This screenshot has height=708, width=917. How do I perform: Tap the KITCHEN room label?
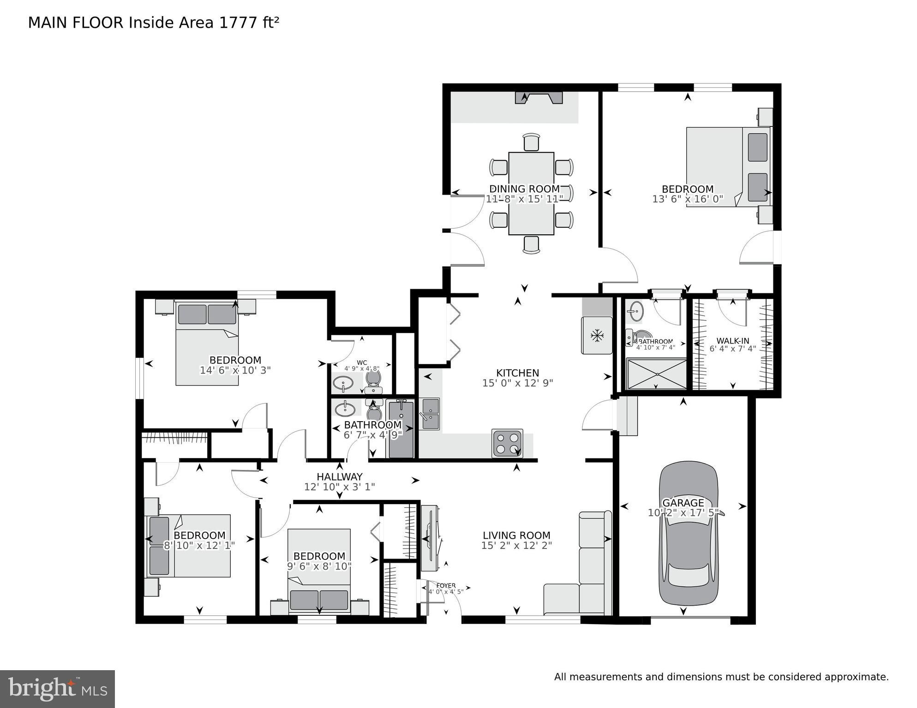517,373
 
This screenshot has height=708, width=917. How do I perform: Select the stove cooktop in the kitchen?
507,443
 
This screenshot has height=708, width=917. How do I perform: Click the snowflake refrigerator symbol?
598,335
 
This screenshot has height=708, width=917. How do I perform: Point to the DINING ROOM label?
524,189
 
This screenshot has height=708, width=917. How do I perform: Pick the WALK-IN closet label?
732,341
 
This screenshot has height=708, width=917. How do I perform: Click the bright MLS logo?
57,689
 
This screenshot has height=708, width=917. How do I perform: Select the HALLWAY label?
339,476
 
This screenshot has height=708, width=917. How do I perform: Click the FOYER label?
446,586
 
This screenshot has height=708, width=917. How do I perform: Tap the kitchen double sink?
430,414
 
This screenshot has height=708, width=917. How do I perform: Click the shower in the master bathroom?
656,374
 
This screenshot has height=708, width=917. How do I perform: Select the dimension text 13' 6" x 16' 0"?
687,199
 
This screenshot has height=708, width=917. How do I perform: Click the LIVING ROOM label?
516,535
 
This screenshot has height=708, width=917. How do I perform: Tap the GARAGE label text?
683,503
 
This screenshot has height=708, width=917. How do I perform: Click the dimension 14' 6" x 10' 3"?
235,370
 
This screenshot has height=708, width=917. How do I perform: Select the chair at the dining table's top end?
531,142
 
